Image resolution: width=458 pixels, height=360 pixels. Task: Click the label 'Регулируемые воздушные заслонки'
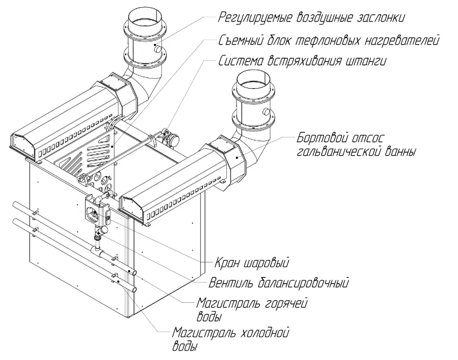click(x=311, y=17)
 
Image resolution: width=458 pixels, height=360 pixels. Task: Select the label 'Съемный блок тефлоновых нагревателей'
click(x=329, y=40)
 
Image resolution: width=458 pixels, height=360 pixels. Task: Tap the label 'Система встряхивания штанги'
click(x=303, y=61)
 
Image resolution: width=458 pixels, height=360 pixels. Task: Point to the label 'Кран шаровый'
click(x=252, y=262)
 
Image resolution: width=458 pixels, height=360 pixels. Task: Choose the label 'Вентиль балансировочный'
click(x=279, y=283)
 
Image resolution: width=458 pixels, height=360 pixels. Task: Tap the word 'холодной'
click(x=264, y=333)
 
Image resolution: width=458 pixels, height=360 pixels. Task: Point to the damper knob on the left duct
click(x=157, y=48)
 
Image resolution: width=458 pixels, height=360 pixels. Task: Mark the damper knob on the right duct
click(x=266, y=112)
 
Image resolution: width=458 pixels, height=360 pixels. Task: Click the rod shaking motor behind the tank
click(x=171, y=136)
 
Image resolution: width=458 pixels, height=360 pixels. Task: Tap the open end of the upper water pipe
click(x=135, y=273)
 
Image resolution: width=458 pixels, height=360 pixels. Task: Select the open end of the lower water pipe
click(x=135, y=290)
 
